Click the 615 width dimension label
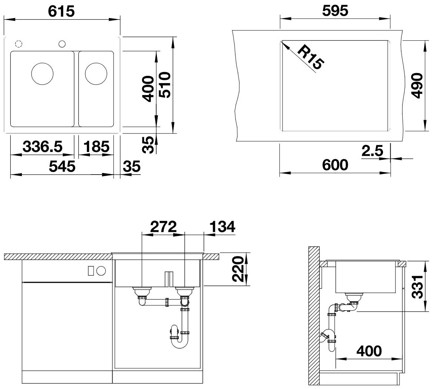(x=61, y=11)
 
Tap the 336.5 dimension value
(x=43, y=146)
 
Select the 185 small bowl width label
(x=96, y=146)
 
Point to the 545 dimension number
(x=62, y=166)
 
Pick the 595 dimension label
(x=335, y=11)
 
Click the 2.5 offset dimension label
(x=373, y=151)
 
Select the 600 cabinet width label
(x=335, y=165)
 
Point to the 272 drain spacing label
(x=163, y=227)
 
